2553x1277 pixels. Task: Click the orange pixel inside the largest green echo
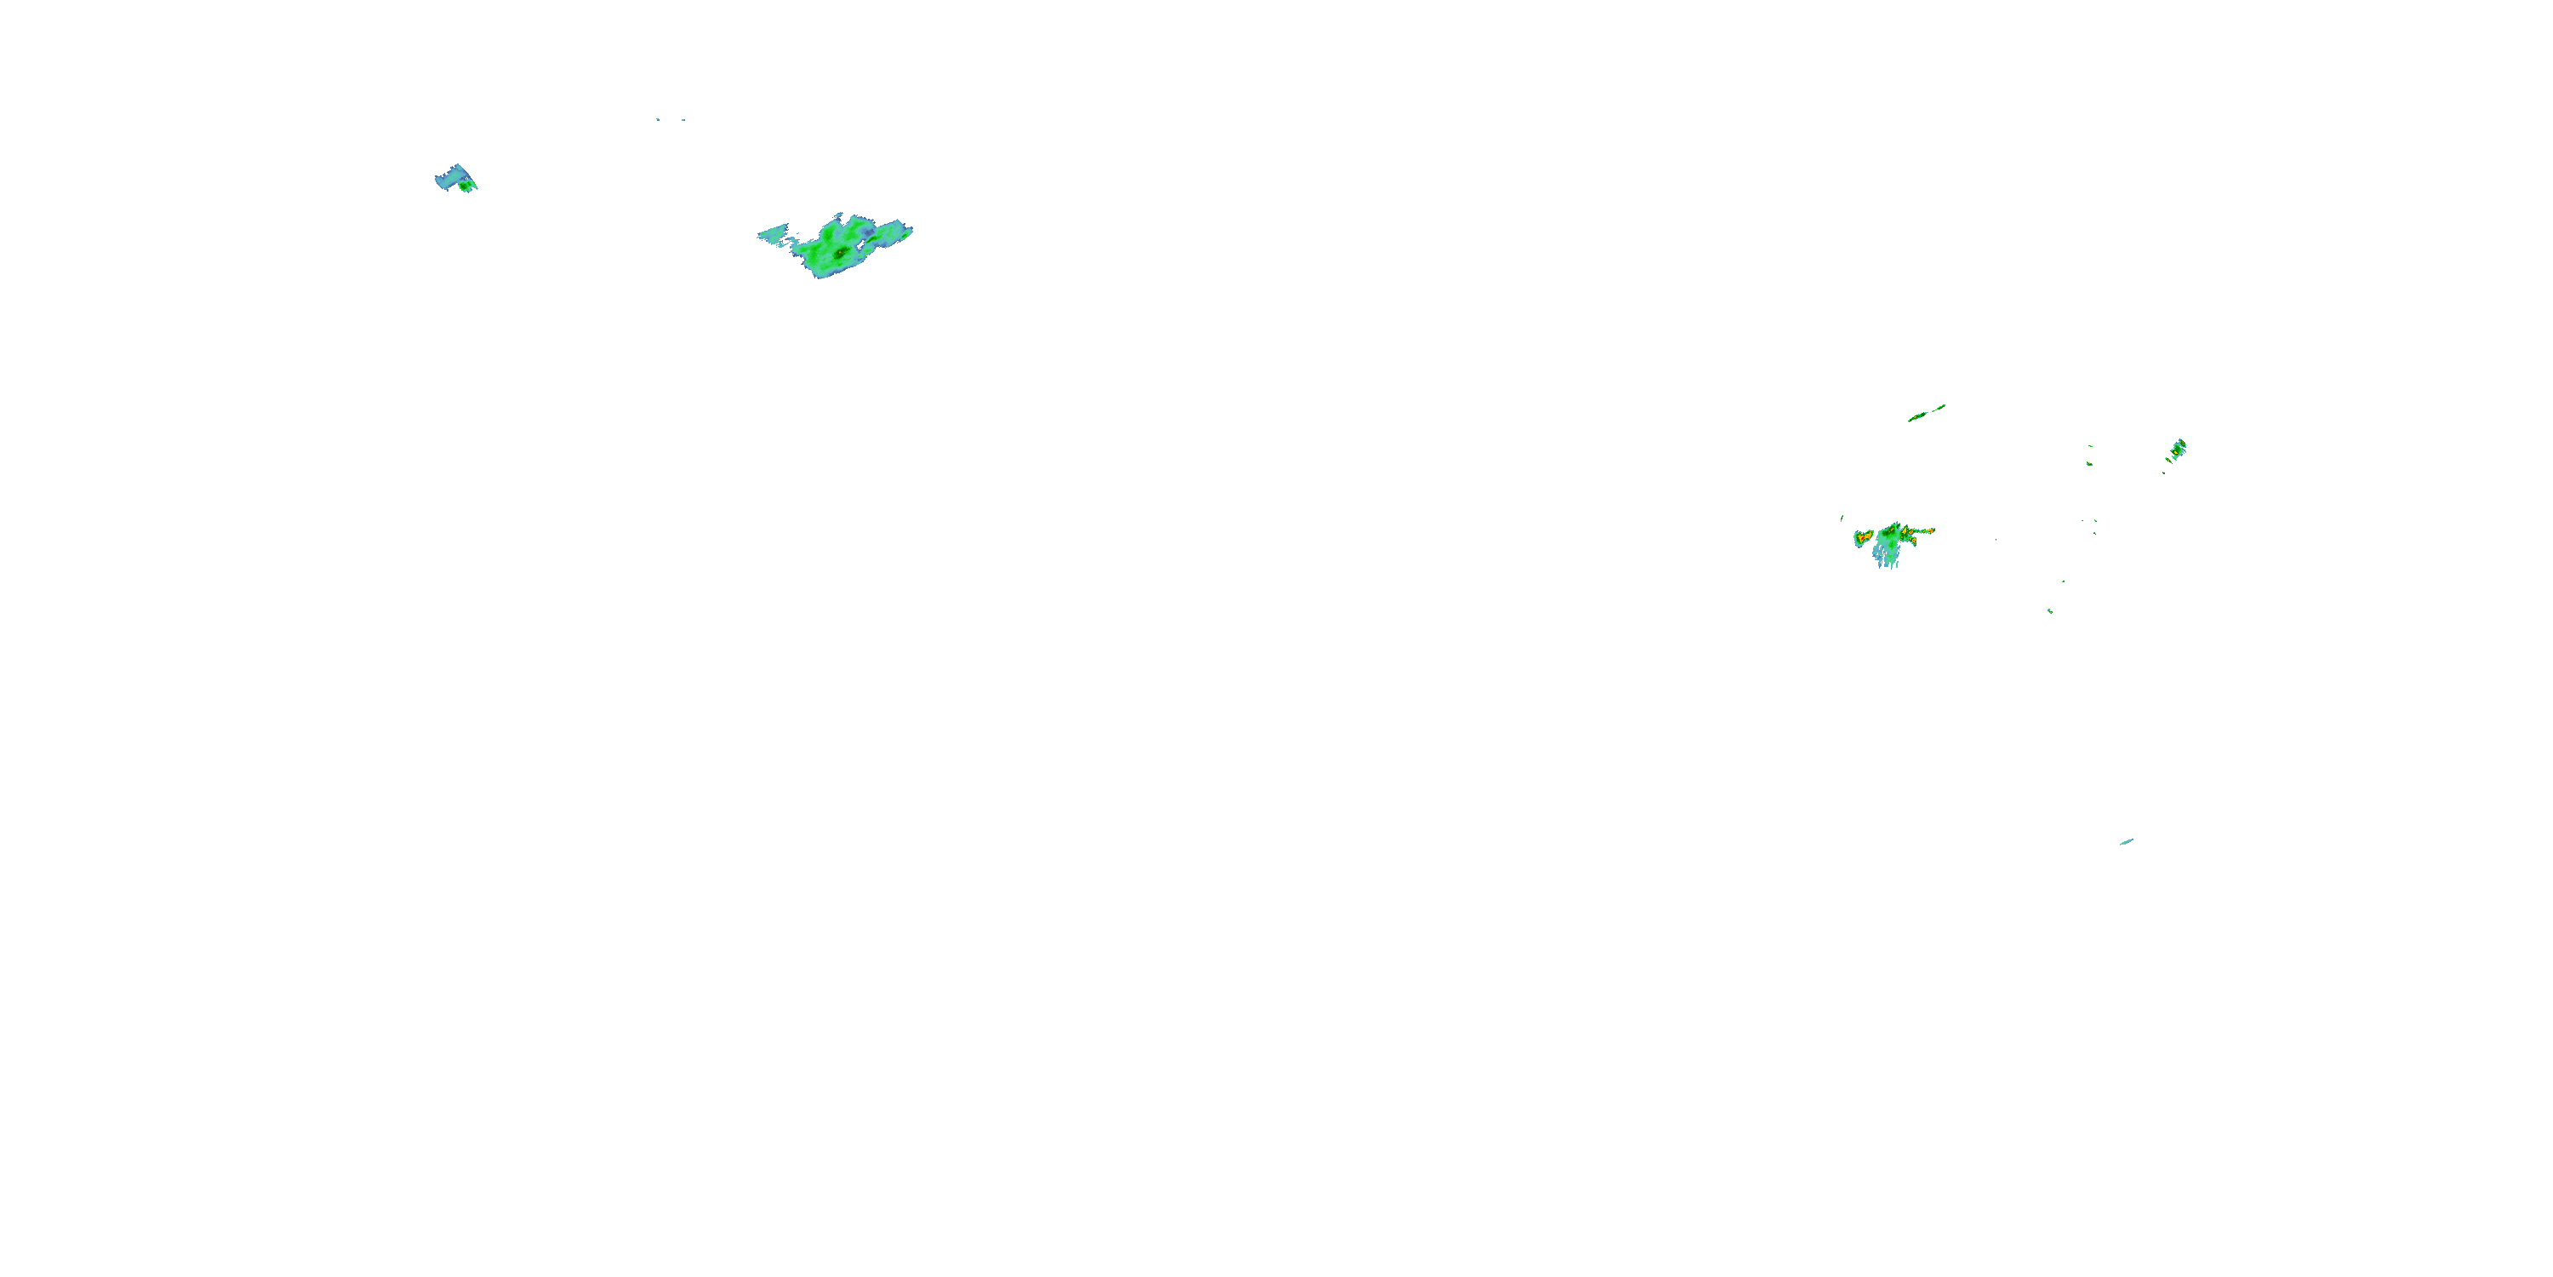841,253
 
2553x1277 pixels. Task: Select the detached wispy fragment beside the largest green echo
773,234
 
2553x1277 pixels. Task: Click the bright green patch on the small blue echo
465,186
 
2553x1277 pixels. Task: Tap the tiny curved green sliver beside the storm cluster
1842,518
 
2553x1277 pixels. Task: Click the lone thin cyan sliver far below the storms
2126,842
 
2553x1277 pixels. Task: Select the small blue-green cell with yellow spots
2179,450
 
